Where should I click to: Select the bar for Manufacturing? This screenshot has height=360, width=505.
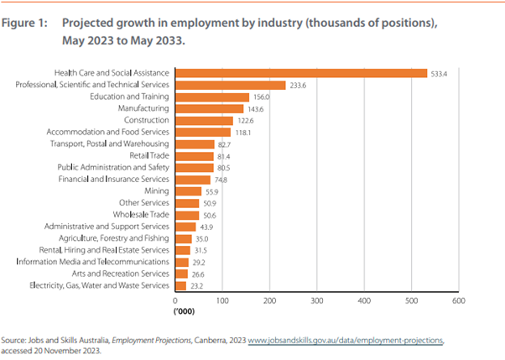pyautogui.click(x=209, y=109)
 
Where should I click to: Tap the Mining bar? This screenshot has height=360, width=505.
pyautogui.click(x=188, y=191)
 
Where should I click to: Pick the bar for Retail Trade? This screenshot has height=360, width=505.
pyautogui.click(x=195, y=156)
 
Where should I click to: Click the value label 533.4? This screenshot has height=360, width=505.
pyautogui.click(x=440, y=73)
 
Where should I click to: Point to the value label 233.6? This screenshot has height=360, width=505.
pyautogui.click(x=299, y=85)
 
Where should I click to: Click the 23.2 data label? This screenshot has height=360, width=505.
pyautogui.click(x=200, y=286)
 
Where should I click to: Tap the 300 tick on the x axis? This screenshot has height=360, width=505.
pyautogui.click(x=316, y=300)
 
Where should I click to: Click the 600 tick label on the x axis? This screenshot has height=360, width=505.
pyautogui.click(x=458, y=300)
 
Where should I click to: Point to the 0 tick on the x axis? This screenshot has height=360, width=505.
pyautogui.click(x=175, y=300)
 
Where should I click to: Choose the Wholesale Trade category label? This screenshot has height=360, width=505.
pyautogui.click(x=141, y=215)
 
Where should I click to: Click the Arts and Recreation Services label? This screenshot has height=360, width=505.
pyautogui.click(x=120, y=274)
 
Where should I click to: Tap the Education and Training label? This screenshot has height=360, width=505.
pyautogui.click(x=133, y=97)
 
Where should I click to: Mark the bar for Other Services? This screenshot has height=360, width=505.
pyautogui.click(x=187, y=203)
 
